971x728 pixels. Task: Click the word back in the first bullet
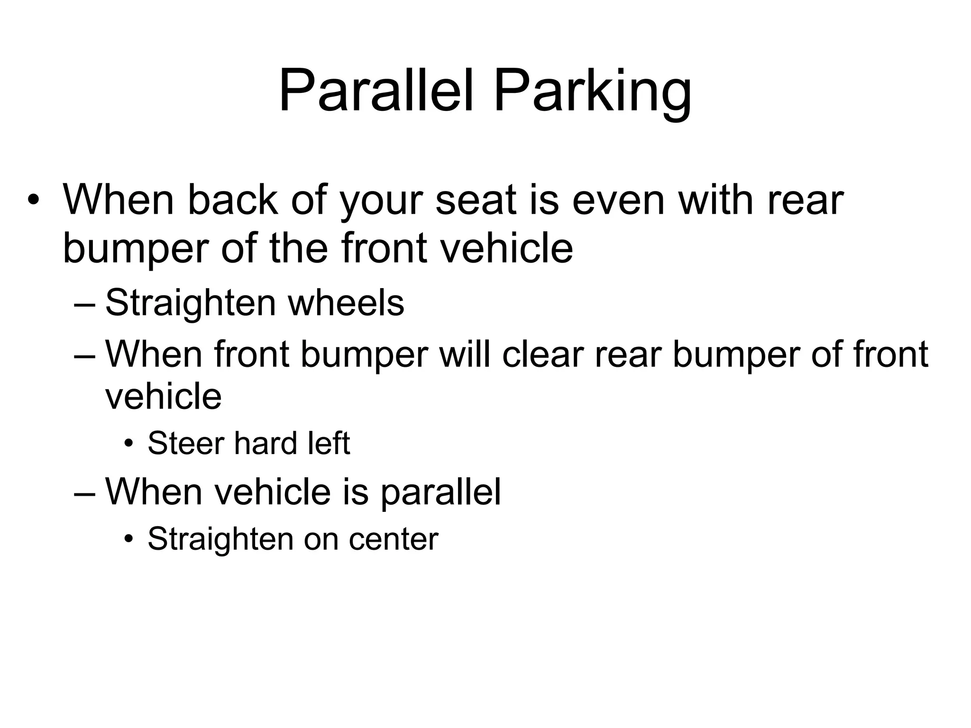point(232,200)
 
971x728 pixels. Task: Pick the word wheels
point(346,303)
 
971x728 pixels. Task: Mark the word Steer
point(186,444)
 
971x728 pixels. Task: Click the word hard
point(266,444)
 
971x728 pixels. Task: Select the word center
point(394,539)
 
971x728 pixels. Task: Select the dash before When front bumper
point(85,356)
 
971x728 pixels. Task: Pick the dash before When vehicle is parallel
point(85,493)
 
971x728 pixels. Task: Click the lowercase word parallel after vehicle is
point(440,493)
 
